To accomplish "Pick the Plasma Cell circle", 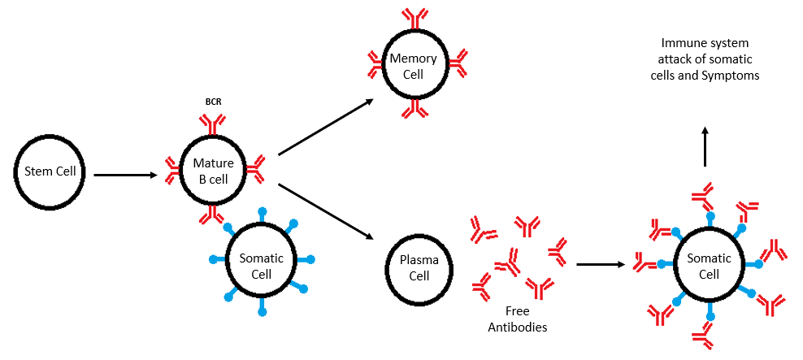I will [x=418, y=269].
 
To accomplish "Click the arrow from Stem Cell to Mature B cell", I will [x=126, y=174].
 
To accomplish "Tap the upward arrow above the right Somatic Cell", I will [x=705, y=146].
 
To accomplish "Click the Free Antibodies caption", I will [x=517, y=319].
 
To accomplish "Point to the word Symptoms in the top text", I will [x=735, y=75].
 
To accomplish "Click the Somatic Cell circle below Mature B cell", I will [x=261, y=266].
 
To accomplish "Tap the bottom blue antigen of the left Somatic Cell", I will [x=262, y=311].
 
